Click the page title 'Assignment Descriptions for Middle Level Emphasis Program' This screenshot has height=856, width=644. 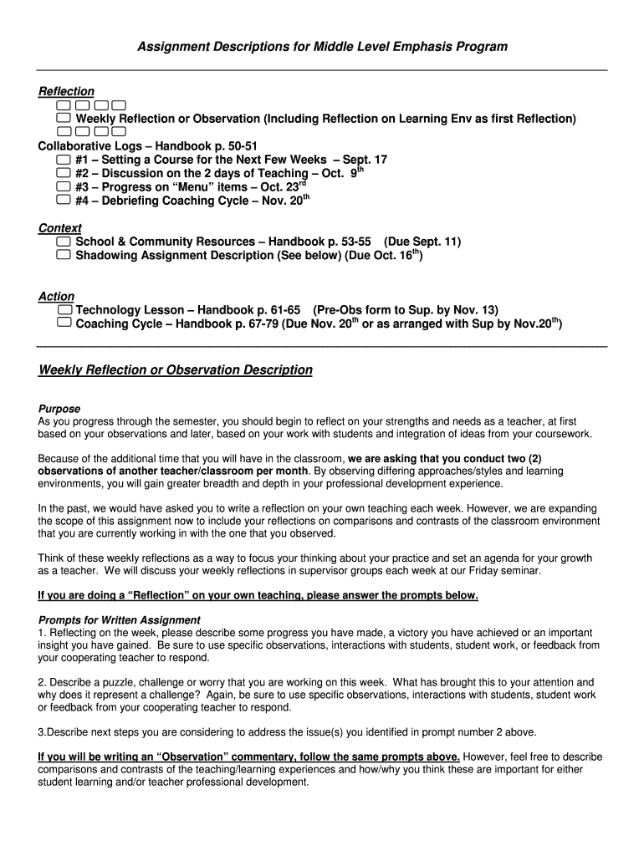[322, 47]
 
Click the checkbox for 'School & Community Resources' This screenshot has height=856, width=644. [64, 242]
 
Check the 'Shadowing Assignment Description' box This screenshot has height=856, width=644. [64, 255]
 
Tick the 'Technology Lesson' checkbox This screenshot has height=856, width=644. [64, 309]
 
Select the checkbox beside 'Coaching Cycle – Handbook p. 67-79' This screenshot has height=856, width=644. [64, 323]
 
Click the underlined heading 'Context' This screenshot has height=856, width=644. [60, 228]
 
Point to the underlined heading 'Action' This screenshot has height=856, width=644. [56, 296]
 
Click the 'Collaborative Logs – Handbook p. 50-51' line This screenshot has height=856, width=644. [148, 145]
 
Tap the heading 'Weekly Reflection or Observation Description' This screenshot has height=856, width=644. [176, 369]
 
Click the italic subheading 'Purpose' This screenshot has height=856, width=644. [59, 409]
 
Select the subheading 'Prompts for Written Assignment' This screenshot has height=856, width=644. [120, 619]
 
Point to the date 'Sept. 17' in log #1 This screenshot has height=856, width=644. [365, 160]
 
